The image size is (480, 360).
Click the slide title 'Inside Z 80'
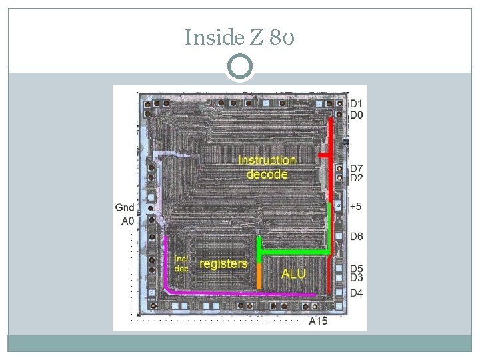click(x=239, y=37)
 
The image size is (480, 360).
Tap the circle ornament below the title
click(x=240, y=67)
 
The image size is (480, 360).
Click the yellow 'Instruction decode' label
click(x=267, y=167)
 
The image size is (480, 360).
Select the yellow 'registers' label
click(x=223, y=264)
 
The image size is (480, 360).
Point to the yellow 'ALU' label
click(x=294, y=274)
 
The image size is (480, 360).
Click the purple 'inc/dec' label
click(x=181, y=263)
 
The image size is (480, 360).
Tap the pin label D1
click(x=357, y=104)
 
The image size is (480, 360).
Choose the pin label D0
click(x=357, y=115)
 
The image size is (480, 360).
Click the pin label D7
click(x=357, y=168)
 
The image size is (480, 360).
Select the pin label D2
click(x=357, y=178)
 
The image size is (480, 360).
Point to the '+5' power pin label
click(x=356, y=207)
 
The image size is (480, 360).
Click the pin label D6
click(x=357, y=237)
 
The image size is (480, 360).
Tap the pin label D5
click(x=357, y=269)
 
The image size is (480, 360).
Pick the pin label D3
click(x=357, y=277)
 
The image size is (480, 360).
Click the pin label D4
click(x=357, y=293)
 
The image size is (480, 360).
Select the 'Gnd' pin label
click(x=125, y=208)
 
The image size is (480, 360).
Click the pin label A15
click(x=319, y=321)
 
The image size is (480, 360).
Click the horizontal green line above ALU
click(x=293, y=253)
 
